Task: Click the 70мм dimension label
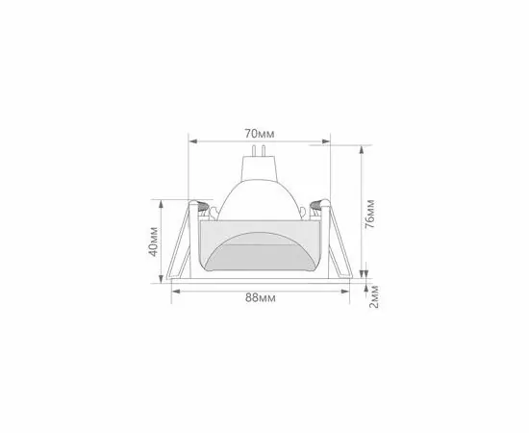point(260,134)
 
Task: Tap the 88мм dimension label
point(260,298)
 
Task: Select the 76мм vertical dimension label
point(370,214)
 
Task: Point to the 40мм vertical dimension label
point(154,242)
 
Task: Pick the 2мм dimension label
point(374,296)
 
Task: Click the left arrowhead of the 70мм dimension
point(193,141)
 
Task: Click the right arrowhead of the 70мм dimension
point(326,141)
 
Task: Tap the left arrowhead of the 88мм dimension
point(176,292)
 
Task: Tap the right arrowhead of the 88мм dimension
point(345,292)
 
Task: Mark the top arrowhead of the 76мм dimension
point(362,150)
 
